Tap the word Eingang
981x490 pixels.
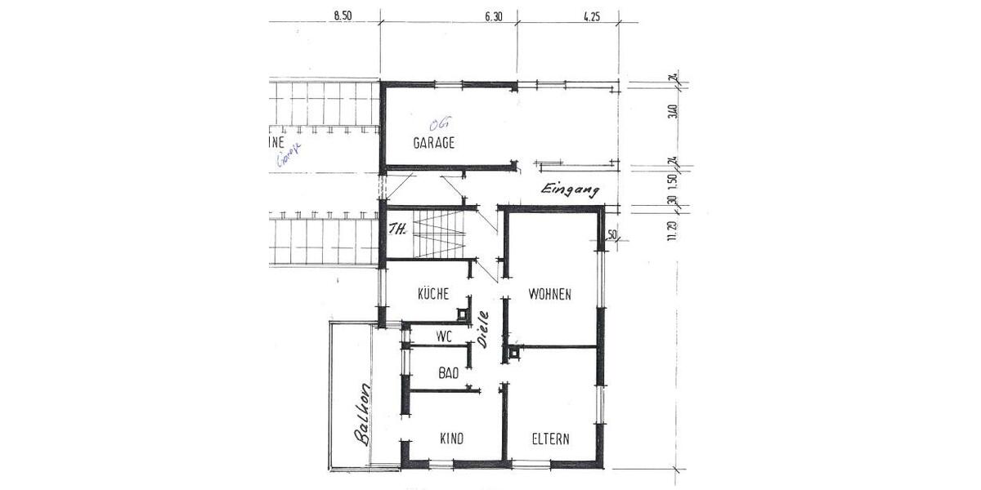pos(570,189)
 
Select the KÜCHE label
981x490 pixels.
pos(433,294)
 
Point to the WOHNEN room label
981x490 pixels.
pos(549,294)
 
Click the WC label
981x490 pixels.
pos(444,336)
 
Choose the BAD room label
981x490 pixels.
pos(448,374)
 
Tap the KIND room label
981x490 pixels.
pos(451,439)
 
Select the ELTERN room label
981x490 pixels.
pos(550,439)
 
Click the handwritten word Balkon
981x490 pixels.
pos(362,415)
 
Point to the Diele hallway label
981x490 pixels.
pos(483,329)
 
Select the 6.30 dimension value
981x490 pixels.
pos(493,15)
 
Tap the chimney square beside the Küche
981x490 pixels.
pos(464,314)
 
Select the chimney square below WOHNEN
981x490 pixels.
pos(513,353)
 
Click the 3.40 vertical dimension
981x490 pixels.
pos(673,110)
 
